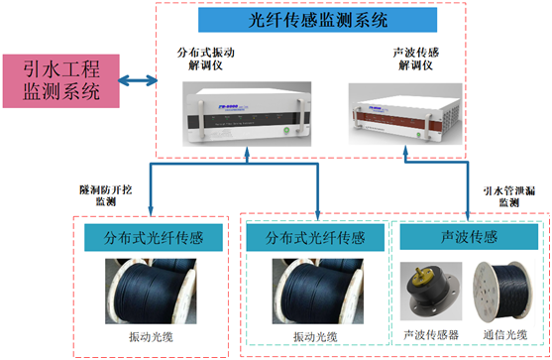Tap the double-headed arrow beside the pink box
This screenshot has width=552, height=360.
tap(138, 80)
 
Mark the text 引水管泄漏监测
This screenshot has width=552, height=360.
tap(507, 193)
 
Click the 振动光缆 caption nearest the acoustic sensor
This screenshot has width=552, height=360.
tap(317, 336)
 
